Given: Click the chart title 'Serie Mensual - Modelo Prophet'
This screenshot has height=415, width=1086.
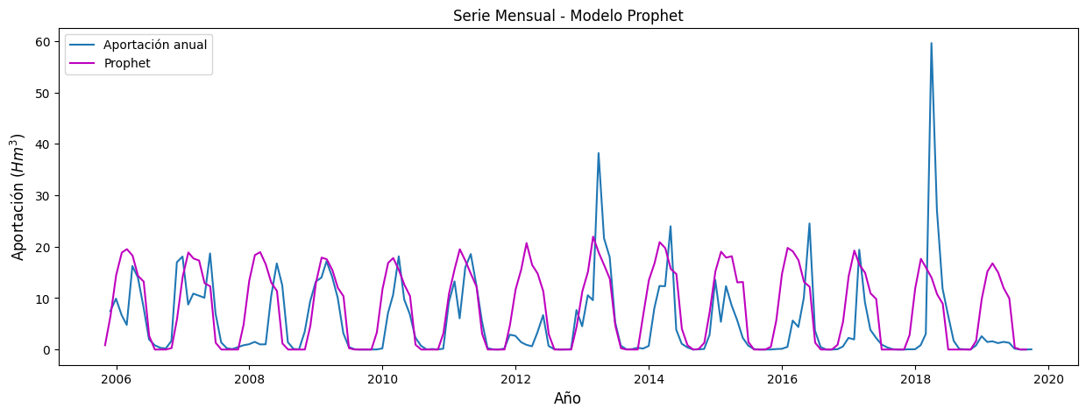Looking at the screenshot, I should (x=568, y=16).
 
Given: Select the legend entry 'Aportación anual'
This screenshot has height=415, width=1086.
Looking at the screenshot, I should (x=155, y=45).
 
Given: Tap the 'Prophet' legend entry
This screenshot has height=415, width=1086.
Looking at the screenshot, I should (x=127, y=63).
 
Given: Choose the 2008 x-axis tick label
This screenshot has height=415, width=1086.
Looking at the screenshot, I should (x=249, y=379).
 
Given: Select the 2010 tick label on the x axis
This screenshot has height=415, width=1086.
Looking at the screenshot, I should (x=382, y=379).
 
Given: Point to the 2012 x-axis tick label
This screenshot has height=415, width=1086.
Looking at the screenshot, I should (x=515, y=379).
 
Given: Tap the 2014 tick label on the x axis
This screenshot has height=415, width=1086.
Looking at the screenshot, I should (x=649, y=379).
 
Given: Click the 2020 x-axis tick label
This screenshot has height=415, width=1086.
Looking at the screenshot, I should (x=1048, y=379).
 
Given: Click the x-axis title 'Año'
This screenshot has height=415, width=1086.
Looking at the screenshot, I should (x=567, y=399).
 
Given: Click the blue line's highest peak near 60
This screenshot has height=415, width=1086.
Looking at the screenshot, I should (x=931, y=43).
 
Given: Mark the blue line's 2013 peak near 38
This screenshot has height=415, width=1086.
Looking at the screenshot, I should (x=598, y=153).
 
